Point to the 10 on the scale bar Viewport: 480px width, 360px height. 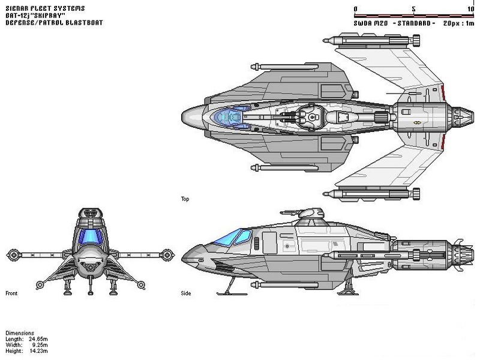click(470, 9)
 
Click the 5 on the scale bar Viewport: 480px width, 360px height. click(414, 9)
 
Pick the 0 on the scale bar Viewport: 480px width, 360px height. click(356, 9)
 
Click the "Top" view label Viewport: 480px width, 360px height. click(185, 198)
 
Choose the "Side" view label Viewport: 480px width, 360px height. click(186, 294)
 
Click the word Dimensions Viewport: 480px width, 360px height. click(20, 333)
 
